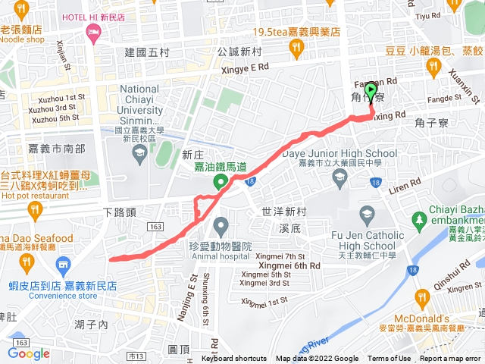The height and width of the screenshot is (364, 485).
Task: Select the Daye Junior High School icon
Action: pos(339,177)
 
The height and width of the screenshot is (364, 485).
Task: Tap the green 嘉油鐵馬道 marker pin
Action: pos(221,181)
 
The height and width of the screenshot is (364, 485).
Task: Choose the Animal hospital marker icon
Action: pos(221,225)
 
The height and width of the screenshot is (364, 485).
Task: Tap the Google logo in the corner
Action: pos(29,353)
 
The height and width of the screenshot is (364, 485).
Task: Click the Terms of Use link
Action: pos(389,359)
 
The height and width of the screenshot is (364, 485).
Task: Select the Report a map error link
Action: pos(450,359)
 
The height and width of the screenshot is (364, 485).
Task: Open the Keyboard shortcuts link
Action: pos(234,359)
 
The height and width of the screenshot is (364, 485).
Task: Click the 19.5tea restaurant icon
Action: pos(296,49)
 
